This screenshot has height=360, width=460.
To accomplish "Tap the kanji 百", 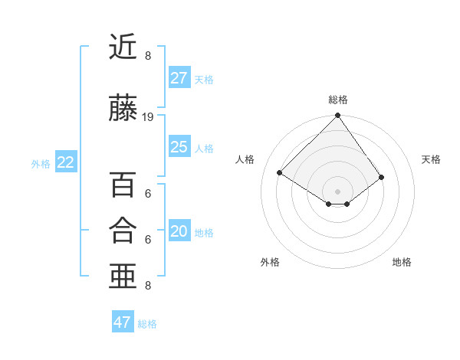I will coord(123,185).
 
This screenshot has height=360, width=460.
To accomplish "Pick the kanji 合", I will coord(123,230).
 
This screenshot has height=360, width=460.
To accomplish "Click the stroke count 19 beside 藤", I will coord(148,117).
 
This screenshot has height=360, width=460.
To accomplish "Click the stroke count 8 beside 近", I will coord(148,56).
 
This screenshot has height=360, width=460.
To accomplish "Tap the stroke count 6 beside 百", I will coord(148,194).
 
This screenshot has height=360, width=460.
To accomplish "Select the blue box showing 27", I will coord(179,78).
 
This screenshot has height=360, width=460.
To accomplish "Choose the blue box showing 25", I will coord(179,147).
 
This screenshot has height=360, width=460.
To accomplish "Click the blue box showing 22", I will coord(66,162).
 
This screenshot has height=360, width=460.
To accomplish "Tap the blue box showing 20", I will coord(179,231).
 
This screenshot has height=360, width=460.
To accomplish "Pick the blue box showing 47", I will coord(123,322).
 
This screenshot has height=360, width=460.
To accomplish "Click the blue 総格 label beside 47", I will coord(147,324).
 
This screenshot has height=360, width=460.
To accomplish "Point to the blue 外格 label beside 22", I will coord(41,163).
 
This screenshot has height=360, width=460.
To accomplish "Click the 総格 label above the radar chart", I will coord(338,100).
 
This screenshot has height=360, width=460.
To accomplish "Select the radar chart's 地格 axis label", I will coord(402,262).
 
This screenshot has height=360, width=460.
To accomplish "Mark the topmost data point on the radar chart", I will coord(337,116).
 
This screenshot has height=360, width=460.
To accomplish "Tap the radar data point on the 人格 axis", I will coord(280,172).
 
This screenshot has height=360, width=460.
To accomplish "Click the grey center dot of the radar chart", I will coord(337,190).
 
